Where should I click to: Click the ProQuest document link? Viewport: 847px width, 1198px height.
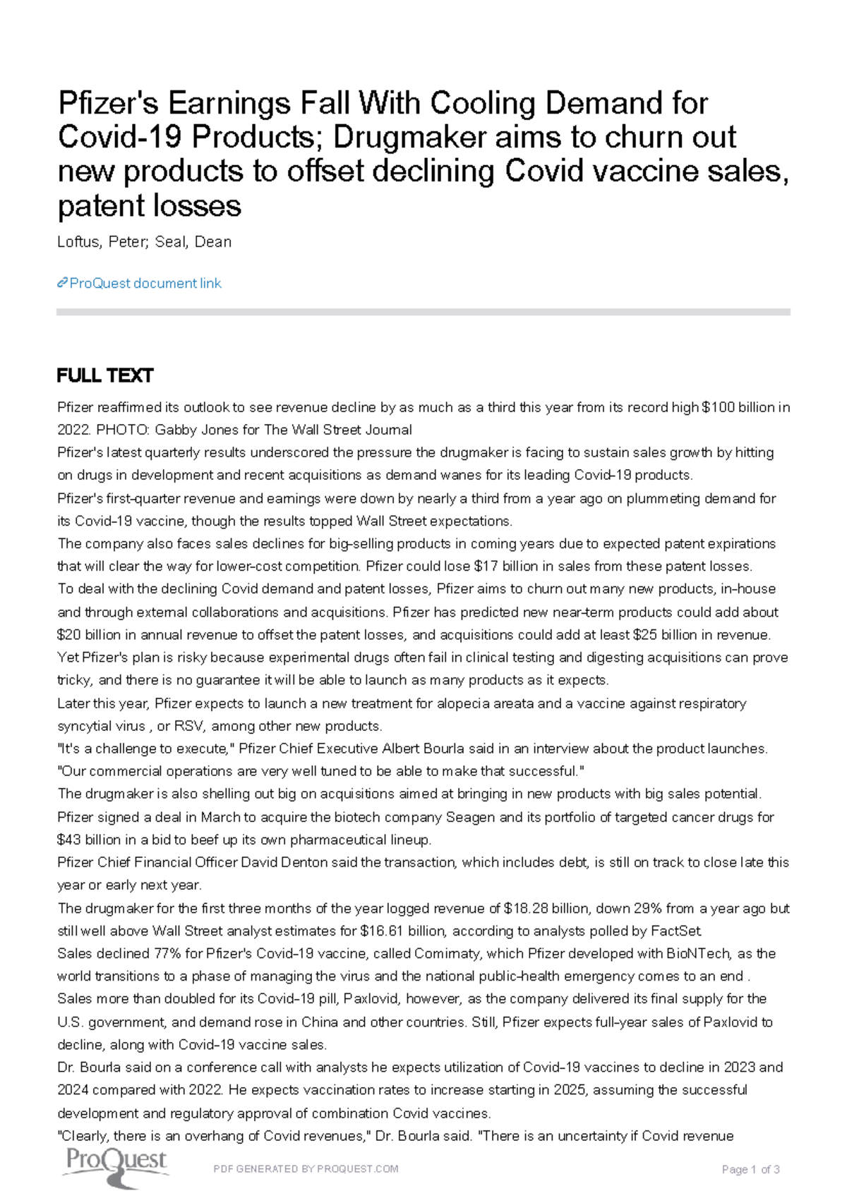[140, 283]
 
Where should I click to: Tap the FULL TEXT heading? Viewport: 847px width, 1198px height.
[104, 375]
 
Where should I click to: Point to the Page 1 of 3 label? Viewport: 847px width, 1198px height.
[750, 1169]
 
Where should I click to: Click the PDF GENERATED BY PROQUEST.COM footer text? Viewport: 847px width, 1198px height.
[306, 1168]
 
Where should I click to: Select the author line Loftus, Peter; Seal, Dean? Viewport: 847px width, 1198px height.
[144, 242]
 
